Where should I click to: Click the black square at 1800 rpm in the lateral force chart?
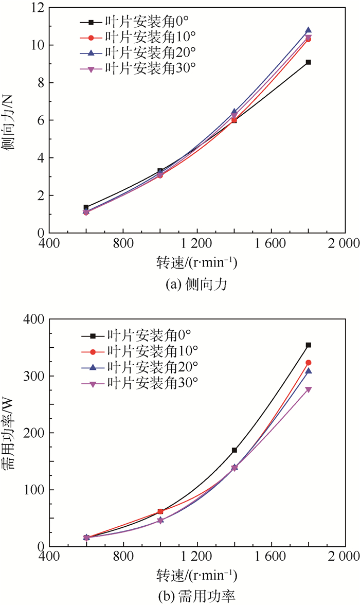pyautogui.click(x=308, y=62)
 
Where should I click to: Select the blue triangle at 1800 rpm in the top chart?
pyautogui.click(x=308, y=30)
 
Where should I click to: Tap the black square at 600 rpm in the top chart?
pyautogui.click(x=86, y=207)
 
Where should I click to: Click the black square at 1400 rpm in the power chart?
pyautogui.click(x=235, y=450)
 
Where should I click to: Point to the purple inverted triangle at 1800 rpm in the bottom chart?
pyautogui.click(x=308, y=389)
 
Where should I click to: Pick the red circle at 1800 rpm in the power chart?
pyautogui.click(x=308, y=363)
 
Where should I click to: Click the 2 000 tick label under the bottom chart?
pyautogui.click(x=345, y=557)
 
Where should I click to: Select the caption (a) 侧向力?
pyautogui.click(x=196, y=282)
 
